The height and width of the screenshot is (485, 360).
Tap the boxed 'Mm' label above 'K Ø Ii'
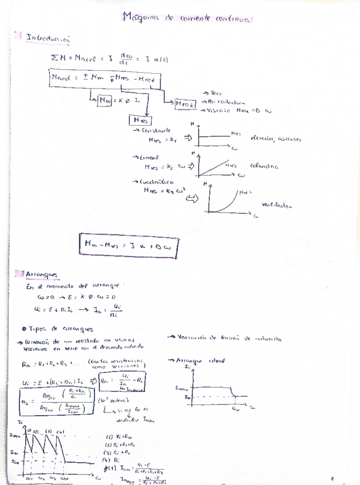(x=105, y=101)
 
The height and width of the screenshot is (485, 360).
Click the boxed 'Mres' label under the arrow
(x=139, y=120)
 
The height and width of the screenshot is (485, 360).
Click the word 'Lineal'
(x=150, y=157)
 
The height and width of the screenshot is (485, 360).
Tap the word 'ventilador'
(x=275, y=204)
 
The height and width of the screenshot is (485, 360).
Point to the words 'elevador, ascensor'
(x=271, y=139)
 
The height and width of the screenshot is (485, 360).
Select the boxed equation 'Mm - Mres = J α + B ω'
(x=129, y=246)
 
